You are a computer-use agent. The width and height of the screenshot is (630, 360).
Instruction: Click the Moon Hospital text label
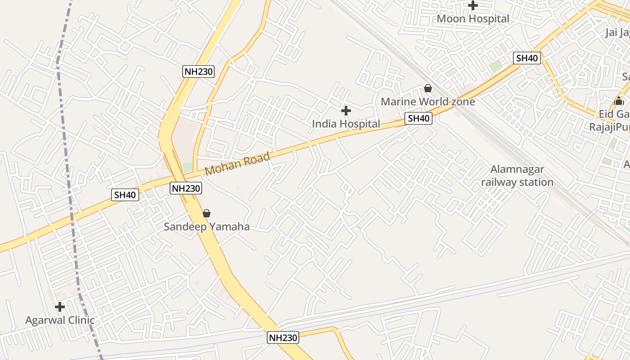pos(473,19)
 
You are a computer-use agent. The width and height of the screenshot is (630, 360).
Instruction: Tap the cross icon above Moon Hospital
pos(473,6)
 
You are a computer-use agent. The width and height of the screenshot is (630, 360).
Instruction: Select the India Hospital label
pos(346,124)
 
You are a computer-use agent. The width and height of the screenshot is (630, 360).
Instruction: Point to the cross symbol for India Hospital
pos(346,110)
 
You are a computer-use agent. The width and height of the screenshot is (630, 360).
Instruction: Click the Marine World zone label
pos(427,102)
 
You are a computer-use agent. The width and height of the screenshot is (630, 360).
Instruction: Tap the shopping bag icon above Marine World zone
pos(428,89)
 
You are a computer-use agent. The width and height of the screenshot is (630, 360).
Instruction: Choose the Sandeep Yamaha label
pos(207,226)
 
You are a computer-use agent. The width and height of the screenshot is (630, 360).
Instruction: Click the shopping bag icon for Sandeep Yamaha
pos(207,213)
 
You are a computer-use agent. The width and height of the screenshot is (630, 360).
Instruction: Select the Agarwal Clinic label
pos(60,320)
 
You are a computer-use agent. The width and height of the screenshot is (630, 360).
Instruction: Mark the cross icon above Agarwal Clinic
pos(60,307)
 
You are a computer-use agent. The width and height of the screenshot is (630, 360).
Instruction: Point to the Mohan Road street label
pos(237,164)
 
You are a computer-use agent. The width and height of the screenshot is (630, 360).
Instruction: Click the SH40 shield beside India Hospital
pos(418,118)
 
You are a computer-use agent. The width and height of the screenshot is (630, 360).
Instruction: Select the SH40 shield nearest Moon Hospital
pos(527,58)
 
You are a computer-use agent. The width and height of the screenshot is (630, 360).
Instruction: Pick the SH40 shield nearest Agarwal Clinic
pos(125,195)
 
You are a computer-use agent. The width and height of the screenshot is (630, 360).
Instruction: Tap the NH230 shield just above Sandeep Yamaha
pos(185,188)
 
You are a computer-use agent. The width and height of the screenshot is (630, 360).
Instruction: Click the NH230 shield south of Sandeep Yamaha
pos(283,337)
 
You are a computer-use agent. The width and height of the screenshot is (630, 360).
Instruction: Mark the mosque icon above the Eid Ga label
pos(619,100)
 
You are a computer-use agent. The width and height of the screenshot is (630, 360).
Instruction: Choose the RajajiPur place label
pos(610,127)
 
